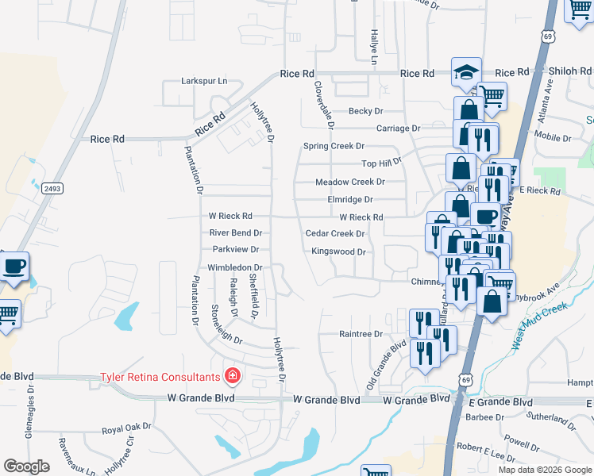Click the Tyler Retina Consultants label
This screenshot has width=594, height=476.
[159, 377]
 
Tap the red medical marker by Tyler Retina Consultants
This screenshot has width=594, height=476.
[233, 374]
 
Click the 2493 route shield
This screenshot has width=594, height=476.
[52, 189]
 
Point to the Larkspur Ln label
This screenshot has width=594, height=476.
[204, 81]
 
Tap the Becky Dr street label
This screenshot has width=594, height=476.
[366, 112]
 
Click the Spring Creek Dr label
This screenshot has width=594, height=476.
[334, 146]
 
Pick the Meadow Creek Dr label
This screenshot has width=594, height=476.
[350, 182]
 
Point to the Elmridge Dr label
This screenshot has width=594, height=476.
[350, 200]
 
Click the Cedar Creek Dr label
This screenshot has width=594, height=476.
[335, 234]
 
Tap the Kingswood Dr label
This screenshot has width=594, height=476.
[338, 251]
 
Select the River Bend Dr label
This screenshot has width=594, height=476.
[235, 233]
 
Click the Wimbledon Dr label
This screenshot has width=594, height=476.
[234, 268]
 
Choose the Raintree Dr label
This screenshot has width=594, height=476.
[361, 334]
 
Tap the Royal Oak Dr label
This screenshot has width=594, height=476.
[126, 428]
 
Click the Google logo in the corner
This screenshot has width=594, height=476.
[27, 466]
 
